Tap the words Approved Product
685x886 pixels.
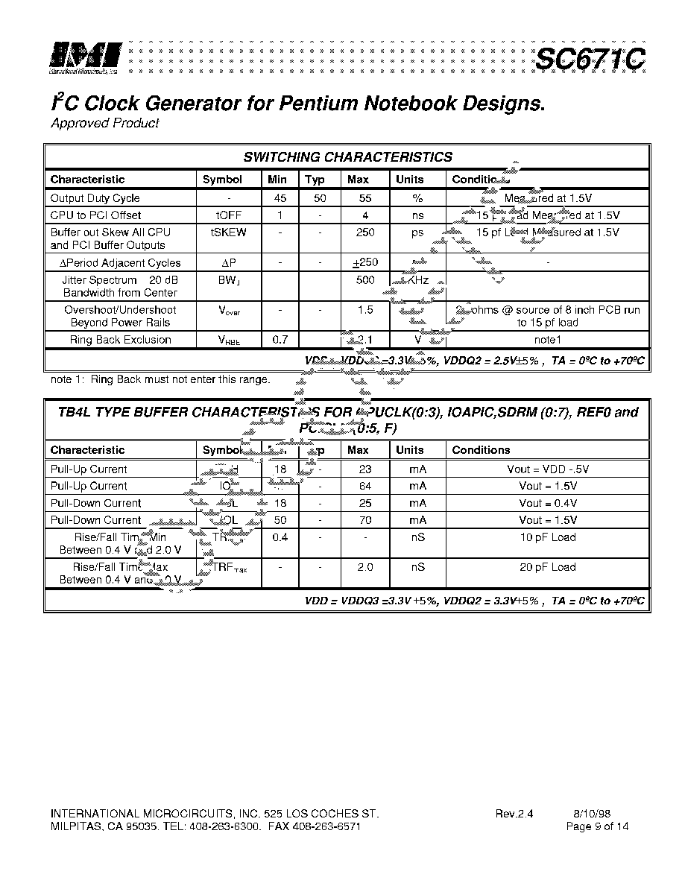click(x=104, y=123)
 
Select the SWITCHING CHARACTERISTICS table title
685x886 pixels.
click(x=347, y=157)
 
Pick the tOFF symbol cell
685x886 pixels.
click(x=229, y=215)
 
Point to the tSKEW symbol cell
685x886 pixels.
click(x=229, y=232)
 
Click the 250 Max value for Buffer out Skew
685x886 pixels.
click(x=365, y=232)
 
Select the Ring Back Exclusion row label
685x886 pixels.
click(x=120, y=340)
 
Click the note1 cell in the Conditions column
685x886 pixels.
click(x=547, y=340)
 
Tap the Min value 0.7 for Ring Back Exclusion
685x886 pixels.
click(x=280, y=340)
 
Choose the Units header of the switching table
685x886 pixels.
click(x=409, y=180)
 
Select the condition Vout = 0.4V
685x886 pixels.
click(x=547, y=503)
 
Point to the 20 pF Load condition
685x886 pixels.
click(x=547, y=567)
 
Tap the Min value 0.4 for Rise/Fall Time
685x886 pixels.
click(x=280, y=537)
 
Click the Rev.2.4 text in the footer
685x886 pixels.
click(x=514, y=814)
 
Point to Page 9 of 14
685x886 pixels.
click(x=597, y=826)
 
